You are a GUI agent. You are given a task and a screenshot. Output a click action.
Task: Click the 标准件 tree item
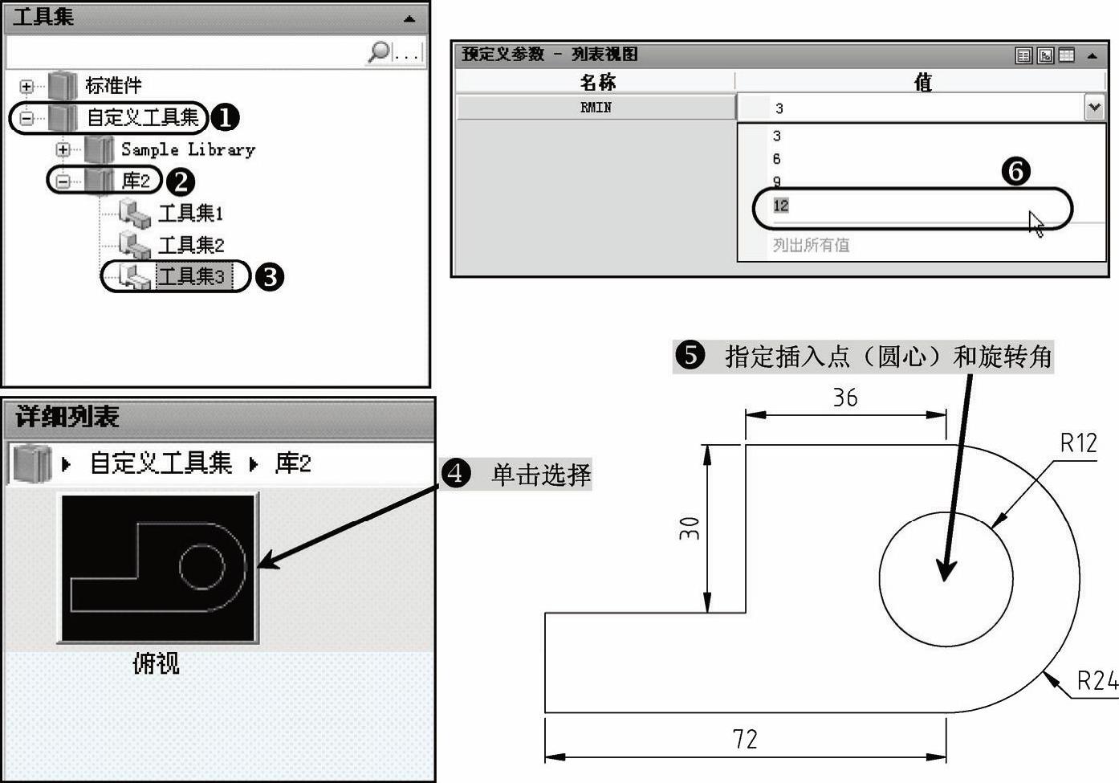pyautogui.click(x=112, y=85)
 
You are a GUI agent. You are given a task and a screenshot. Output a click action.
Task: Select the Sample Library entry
pyautogui.click(x=187, y=149)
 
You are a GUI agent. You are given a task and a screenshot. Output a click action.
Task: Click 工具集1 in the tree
pyautogui.click(x=189, y=213)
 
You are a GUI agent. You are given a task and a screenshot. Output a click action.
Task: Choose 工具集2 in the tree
pyautogui.click(x=190, y=245)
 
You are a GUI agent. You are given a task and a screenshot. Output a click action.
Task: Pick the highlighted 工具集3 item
pyautogui.click(x=190, y=277)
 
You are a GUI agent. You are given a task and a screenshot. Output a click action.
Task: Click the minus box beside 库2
pyautogui.click(x=63, y=181)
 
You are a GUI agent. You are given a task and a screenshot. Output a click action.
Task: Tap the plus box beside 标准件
pyautogui.click(x=26, y=86)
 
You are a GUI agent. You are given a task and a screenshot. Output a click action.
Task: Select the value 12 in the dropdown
pyautogui.click(x=781, y=206)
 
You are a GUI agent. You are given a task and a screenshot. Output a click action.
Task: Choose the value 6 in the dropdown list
pyautogui.click(x=776, y=159)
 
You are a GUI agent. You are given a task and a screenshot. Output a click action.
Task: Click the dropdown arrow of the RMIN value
pyautogui.click(x=1093, y=107)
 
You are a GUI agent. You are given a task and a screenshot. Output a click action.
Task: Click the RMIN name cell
pyautogui.click(x=596, y=108)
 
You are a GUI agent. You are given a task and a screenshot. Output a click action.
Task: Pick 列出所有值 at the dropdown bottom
pyautogui.click(x=811, y=245)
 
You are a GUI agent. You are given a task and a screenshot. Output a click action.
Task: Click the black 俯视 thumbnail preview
pyautogui.click(x=158, y=568)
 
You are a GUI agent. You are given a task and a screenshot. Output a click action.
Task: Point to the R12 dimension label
pyautogui.click(x=1078, y=443)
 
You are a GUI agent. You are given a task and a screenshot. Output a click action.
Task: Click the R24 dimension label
pyautogui.click(x=1097, y=681)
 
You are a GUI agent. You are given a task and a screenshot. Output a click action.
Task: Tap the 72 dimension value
pyautogui.click(x=745, y=739)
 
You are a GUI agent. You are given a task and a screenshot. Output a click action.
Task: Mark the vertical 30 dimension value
pyautogui.click(x=690, y=528)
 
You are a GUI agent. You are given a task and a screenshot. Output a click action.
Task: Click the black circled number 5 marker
pyautogui.click(x=690, y=355)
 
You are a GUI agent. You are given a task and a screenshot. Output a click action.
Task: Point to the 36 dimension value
pyautogui.click(x=844, y=398)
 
